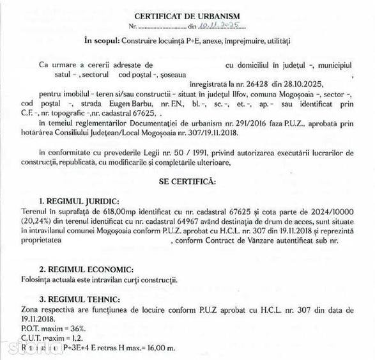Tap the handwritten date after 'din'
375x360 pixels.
[x=218, y=26]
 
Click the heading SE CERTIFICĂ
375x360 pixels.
[x=187, y=182]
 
